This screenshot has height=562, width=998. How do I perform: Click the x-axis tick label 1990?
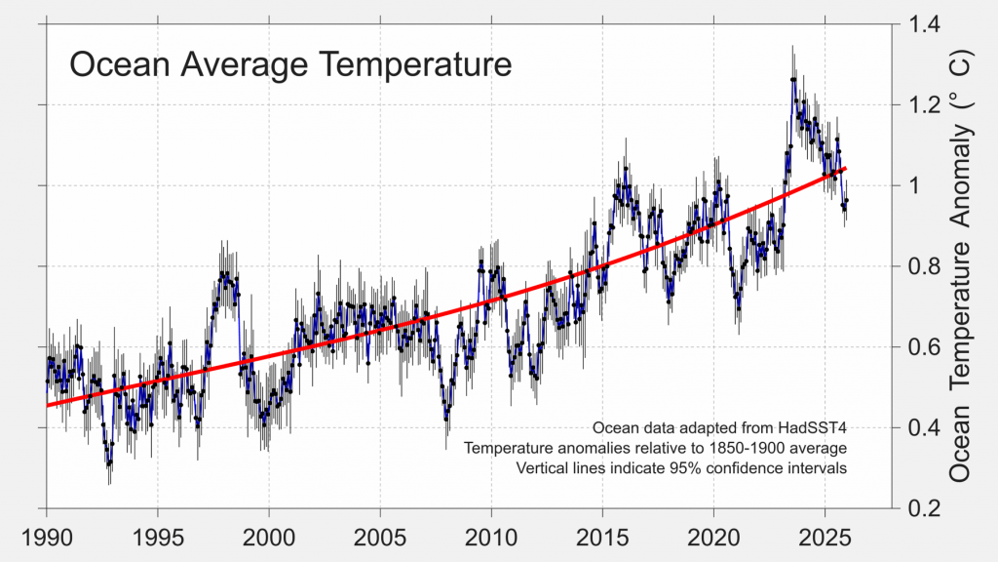[46, 539]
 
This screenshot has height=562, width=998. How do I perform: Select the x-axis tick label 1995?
[158, 539]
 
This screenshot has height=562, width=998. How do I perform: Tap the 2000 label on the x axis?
[269, 539]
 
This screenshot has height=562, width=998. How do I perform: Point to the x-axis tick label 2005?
[380, 539]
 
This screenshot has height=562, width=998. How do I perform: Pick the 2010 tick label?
[491, 539]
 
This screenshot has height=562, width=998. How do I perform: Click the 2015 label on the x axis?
[602, 539]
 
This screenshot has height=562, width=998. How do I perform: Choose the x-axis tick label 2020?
[713, 539]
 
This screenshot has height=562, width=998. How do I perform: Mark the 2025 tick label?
[825, 539]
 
